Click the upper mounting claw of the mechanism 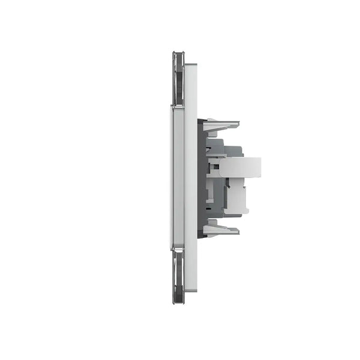coord(221,125)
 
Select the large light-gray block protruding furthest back coord(240,167)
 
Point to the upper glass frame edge coord(178,78)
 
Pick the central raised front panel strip coord(178,177)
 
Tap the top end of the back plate coord(191,66)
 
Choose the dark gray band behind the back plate coord(202,177)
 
